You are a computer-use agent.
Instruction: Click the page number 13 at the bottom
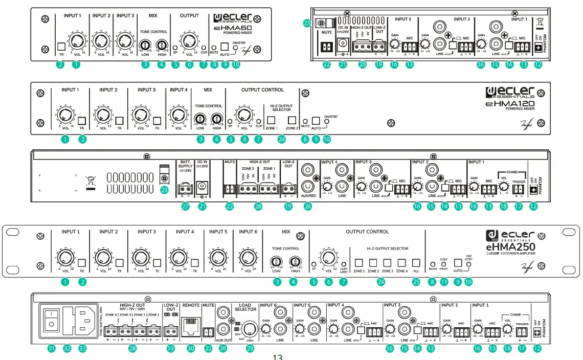point(277,356)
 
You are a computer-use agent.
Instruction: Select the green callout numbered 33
point(83,348)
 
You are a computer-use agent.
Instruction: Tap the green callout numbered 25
point(416,281)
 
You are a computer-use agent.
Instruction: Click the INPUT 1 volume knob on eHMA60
point(77,42)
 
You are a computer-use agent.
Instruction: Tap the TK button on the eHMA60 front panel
point(61,47)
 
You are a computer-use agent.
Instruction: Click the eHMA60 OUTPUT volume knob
point(189,42)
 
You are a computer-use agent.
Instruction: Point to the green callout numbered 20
point(363,64)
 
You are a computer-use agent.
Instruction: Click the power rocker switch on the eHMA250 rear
point(50,320)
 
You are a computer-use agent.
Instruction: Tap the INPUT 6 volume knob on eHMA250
point(246,257)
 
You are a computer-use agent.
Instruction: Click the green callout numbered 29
point(250,348)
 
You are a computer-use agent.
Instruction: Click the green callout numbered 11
point(443,281)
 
